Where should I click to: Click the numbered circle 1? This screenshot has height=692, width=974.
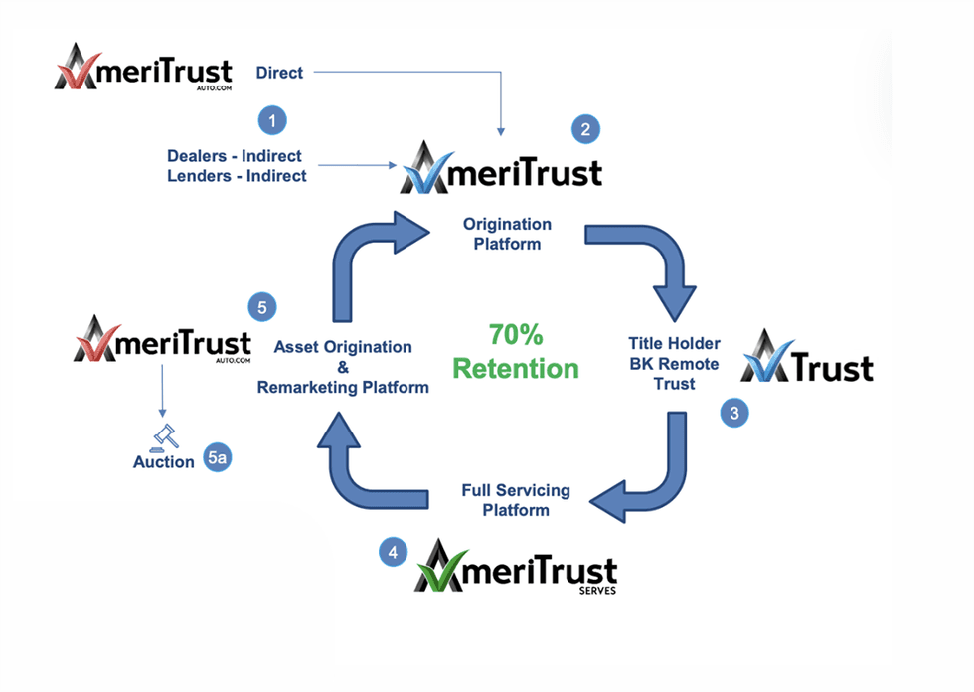(272, 120)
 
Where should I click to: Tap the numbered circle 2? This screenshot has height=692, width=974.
(585, 128)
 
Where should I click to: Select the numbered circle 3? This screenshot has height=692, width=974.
(734, 414)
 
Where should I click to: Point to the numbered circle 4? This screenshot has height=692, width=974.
(395, 552)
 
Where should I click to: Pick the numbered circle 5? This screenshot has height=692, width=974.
(261, 307)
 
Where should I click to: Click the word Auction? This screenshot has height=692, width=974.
(164, 462)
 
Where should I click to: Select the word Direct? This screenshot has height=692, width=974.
(279, 72)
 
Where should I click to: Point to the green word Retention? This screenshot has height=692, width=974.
(516, 368)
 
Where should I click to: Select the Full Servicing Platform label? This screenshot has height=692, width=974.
(516, 500)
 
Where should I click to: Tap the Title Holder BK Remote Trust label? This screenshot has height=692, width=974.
(676, 362)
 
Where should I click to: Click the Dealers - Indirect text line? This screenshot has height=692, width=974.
(235, 156)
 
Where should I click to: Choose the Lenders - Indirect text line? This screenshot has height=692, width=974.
(237, 176)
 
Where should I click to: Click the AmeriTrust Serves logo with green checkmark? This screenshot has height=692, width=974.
(515, 567)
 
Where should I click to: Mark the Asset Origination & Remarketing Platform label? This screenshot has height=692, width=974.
(343, 367)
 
